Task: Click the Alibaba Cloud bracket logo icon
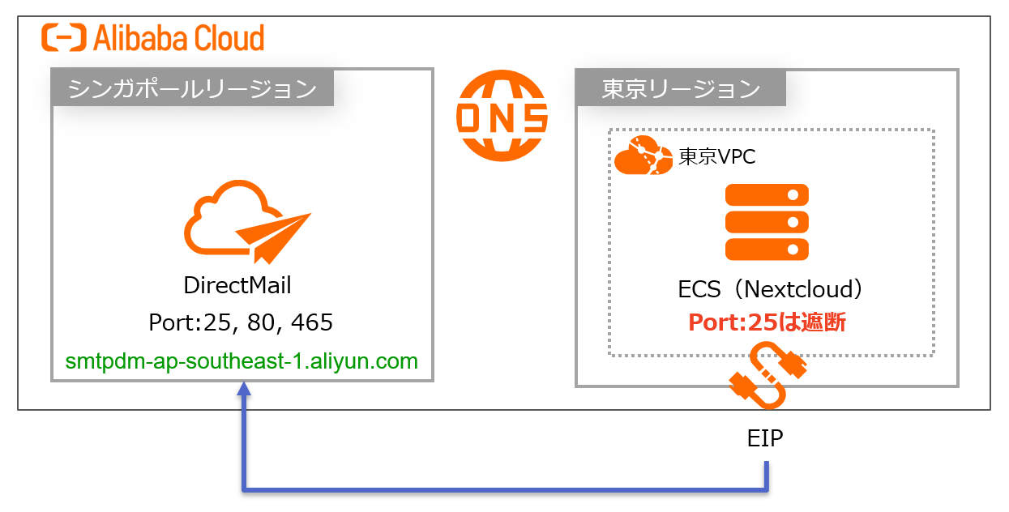[65, 38]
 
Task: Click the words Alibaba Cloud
[179, 38]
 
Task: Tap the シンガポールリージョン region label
[192, 88]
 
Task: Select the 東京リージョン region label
[681, 88]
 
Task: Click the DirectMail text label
[237, 285]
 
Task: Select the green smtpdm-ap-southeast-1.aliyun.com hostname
[242, 361]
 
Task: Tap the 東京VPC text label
[716, 156]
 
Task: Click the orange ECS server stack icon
[767, 221]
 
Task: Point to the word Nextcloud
[798, 288]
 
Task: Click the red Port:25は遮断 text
[767, 322]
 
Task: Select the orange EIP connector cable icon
[767, 376]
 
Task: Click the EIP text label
[765, 439]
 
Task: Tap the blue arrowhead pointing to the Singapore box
[243, 390]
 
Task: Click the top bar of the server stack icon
[767, 195]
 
